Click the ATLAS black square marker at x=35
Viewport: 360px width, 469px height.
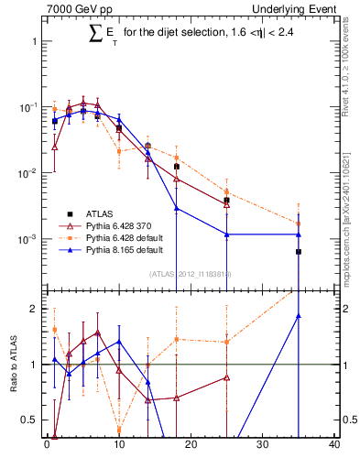coord(299,251)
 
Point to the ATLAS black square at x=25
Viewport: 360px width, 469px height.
coord(226,200)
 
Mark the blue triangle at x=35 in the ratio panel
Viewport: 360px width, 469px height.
coord(299,316)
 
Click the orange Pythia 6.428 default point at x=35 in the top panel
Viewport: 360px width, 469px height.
coord(299,223)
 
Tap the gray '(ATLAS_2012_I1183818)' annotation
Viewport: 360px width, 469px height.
coord(190,273)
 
